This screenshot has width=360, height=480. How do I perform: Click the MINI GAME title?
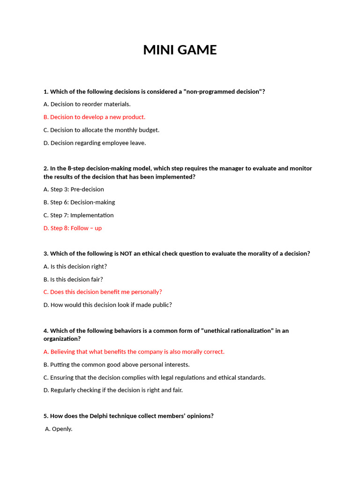point(180,50)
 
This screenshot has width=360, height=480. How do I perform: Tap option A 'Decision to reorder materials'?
point(87,104)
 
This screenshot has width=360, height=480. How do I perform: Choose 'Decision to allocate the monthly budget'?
point(101,130)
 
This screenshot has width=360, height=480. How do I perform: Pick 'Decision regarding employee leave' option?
point(94,143)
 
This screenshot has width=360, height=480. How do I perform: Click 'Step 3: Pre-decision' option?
point(74,189)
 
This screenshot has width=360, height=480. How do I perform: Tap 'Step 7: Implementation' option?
point(78,215)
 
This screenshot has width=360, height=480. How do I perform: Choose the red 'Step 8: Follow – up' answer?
point(72,228)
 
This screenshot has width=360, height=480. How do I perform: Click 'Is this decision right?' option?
point(75,266)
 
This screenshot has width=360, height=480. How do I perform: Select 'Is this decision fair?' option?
point(73,279)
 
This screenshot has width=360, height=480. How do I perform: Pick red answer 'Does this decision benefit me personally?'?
point(103,292)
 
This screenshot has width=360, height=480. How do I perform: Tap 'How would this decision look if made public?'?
point(107,305)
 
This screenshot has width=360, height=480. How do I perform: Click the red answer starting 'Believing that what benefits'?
point(134,352)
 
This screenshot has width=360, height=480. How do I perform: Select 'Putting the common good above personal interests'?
point(116,365)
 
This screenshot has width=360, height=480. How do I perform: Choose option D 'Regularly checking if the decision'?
point(113,390)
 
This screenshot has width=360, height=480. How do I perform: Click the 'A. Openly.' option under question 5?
point(59,429)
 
